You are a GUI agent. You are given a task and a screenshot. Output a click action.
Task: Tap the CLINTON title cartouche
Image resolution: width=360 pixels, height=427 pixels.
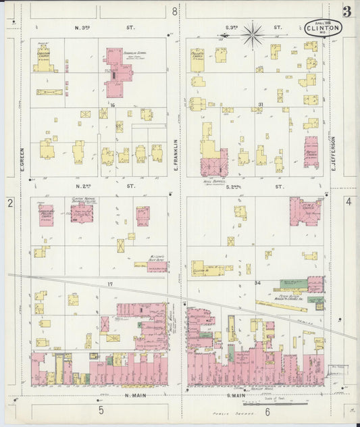point(323,28)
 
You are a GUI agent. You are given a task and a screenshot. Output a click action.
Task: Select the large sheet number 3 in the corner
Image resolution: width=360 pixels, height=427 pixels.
point(346,11)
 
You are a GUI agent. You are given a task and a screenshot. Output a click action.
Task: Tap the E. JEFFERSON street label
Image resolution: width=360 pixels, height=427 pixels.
point(334,153)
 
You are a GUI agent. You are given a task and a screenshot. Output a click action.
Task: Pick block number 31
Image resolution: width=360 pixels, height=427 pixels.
point(260,104)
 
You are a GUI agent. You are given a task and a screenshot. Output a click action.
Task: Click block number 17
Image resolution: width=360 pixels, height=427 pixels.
point(109,284)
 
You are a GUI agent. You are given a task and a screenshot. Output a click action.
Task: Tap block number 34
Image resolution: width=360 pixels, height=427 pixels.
point(257,282)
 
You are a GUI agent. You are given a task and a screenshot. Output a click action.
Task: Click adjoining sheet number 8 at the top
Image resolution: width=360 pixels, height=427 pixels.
point(174,11)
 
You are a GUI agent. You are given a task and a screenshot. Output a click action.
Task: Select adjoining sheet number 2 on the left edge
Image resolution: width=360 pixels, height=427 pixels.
point(10,203)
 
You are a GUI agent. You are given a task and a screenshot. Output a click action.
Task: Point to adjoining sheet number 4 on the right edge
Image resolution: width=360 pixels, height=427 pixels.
point(349,201)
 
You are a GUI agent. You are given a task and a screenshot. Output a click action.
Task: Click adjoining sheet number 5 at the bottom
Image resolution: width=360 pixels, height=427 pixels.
point(101,409)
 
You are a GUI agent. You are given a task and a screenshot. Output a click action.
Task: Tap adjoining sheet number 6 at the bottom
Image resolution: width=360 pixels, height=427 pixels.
point(267,410)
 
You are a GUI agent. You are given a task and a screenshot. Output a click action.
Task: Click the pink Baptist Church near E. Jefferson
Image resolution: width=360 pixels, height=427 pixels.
point(311,151)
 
